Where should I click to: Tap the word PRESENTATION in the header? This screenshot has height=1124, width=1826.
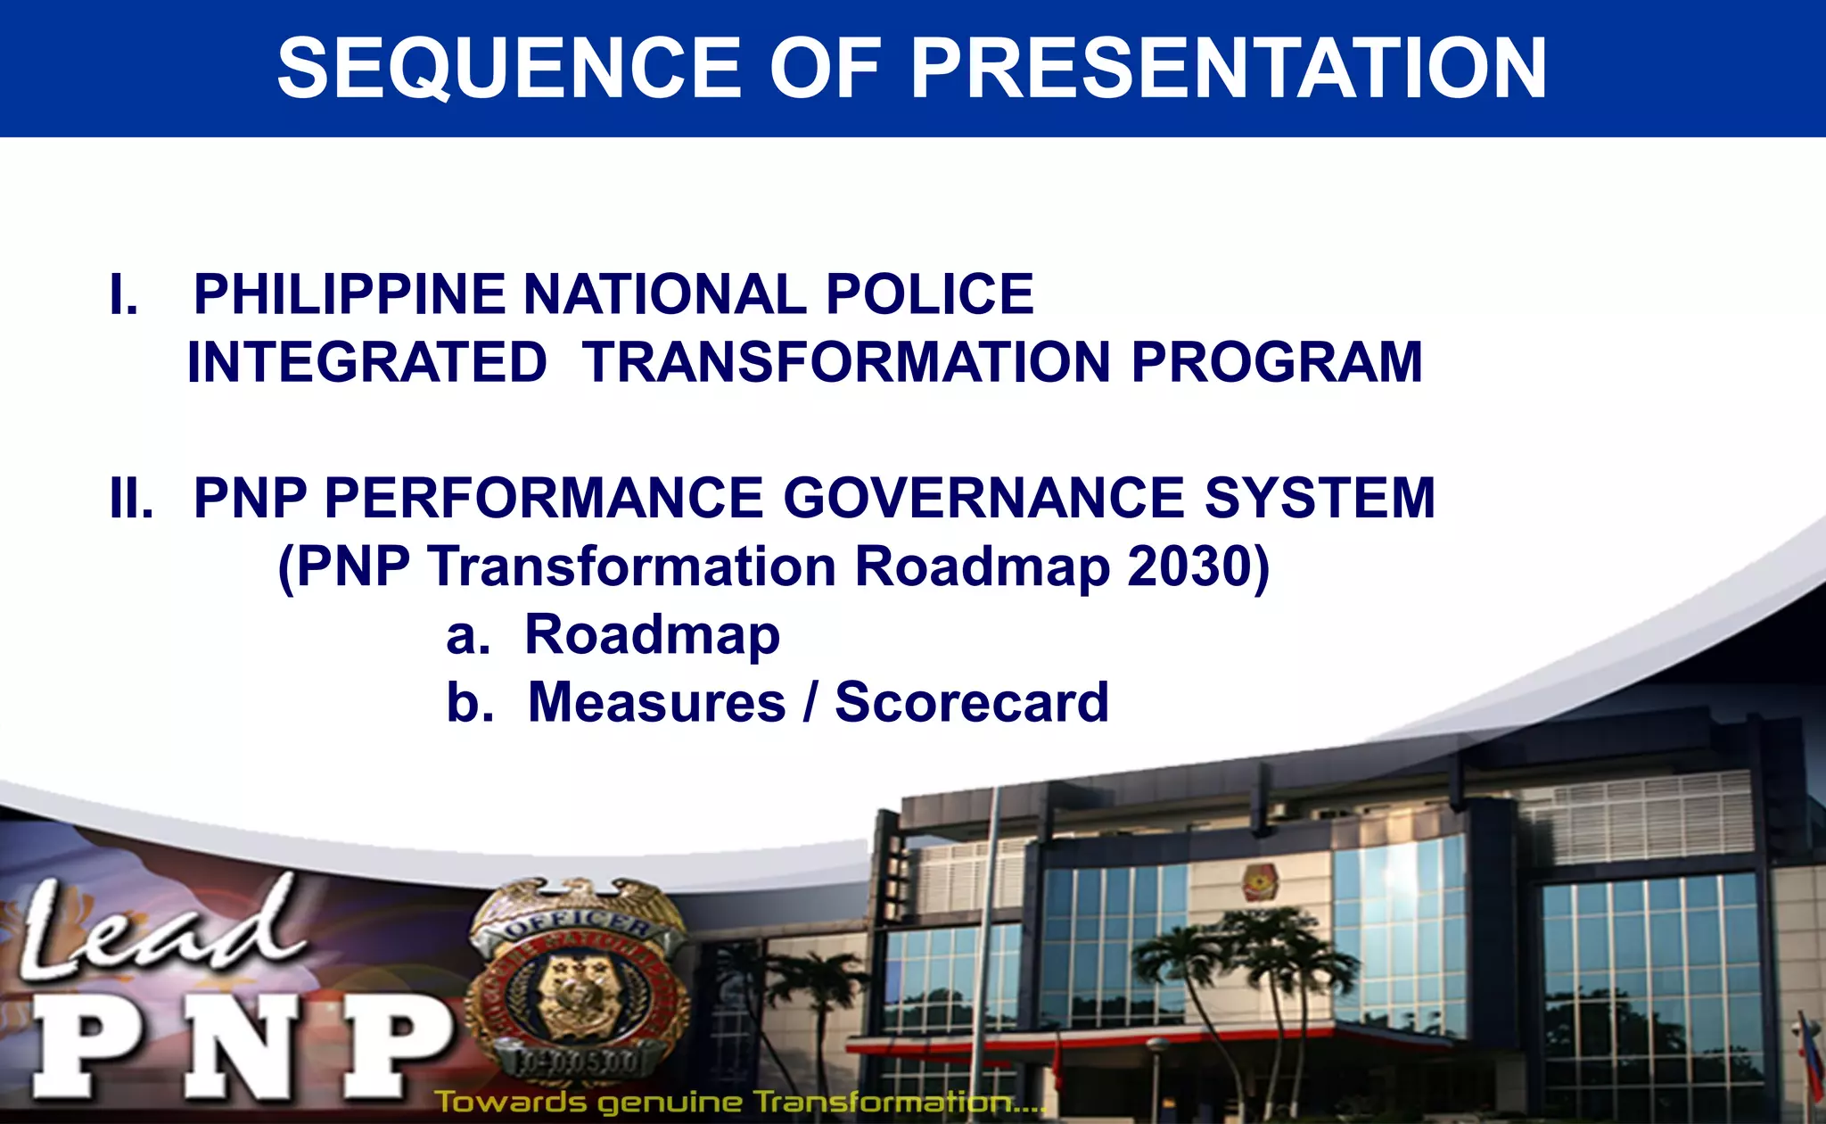(1228, 70)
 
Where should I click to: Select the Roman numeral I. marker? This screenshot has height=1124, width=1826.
(124, 295)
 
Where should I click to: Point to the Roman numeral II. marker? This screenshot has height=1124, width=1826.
(131, 499)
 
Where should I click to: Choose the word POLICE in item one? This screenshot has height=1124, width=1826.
(929, 295)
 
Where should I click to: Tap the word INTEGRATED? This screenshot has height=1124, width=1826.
(366, 363)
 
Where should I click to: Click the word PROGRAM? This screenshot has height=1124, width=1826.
(1276, 363)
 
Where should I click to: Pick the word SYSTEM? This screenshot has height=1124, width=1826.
(1320, 499)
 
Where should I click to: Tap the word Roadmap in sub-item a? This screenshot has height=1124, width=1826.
(652, 635)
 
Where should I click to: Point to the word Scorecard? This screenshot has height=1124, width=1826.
(971, 703)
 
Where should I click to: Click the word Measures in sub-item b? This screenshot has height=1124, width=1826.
(656, 703)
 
